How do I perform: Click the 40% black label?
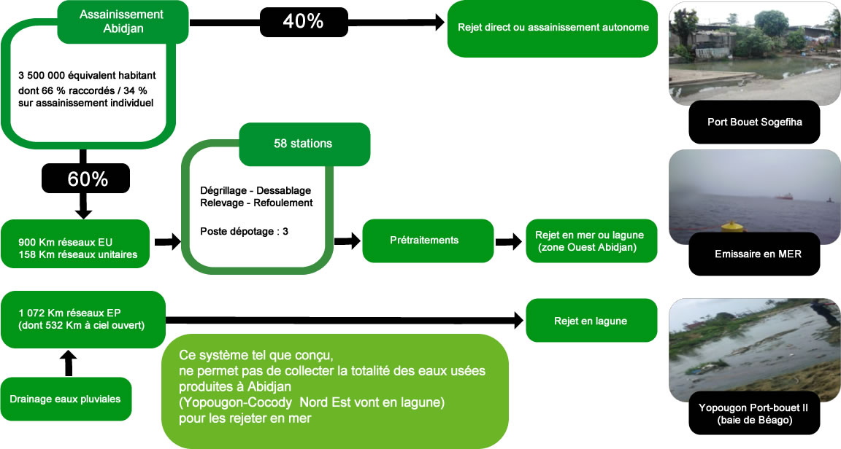point(304,21)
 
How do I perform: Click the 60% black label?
point(85,179)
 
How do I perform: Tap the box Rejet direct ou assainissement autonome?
point(553,28)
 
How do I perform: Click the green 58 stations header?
point(303,144)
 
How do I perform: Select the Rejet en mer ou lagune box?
point(591,241)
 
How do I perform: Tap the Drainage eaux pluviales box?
point(66,398)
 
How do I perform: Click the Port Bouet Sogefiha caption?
point(755,122)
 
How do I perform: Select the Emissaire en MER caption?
point(755,254)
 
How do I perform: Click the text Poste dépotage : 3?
point(245,231)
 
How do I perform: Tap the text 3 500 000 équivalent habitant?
point(87,75)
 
